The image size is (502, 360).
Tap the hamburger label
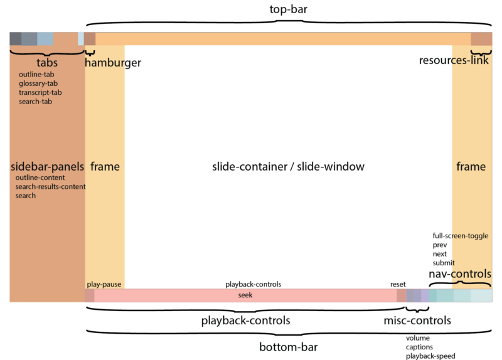(113, 63)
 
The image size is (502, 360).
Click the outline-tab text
(36, 75)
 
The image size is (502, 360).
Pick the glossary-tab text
(38, 83)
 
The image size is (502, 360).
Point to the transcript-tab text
(40, 92)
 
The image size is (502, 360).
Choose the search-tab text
(35, 101)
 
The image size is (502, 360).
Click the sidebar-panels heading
(48, 167)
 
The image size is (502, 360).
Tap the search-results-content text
(51, 187)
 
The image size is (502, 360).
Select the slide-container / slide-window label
(288, 167)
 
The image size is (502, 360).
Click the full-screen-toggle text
(461, 236)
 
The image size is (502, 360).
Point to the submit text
(444, 263)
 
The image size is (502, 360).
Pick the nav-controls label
(460, 274)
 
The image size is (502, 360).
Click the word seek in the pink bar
(245, 295)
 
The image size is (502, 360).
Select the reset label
(398, 284)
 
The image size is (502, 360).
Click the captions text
(419, 346)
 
